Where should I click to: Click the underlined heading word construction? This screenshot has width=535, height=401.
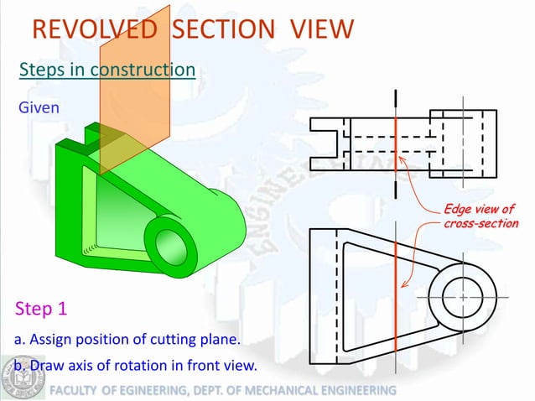pyautogui.click(x=143, y=70)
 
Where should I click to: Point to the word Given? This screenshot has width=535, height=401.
pyautogui.click(x=37, y=108)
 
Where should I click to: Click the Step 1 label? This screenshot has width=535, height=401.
pyautogui.click(x=41, y=308)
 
